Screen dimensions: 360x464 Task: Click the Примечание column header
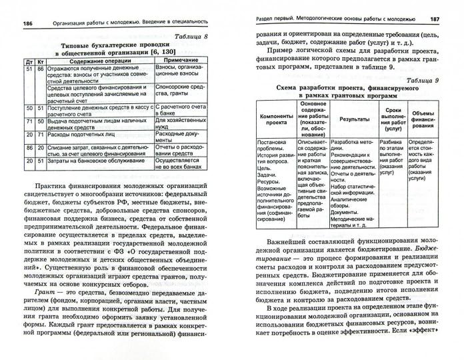point(179,60)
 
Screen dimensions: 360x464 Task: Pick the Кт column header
point(41,61)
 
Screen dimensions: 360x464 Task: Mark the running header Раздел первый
point(279,18)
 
